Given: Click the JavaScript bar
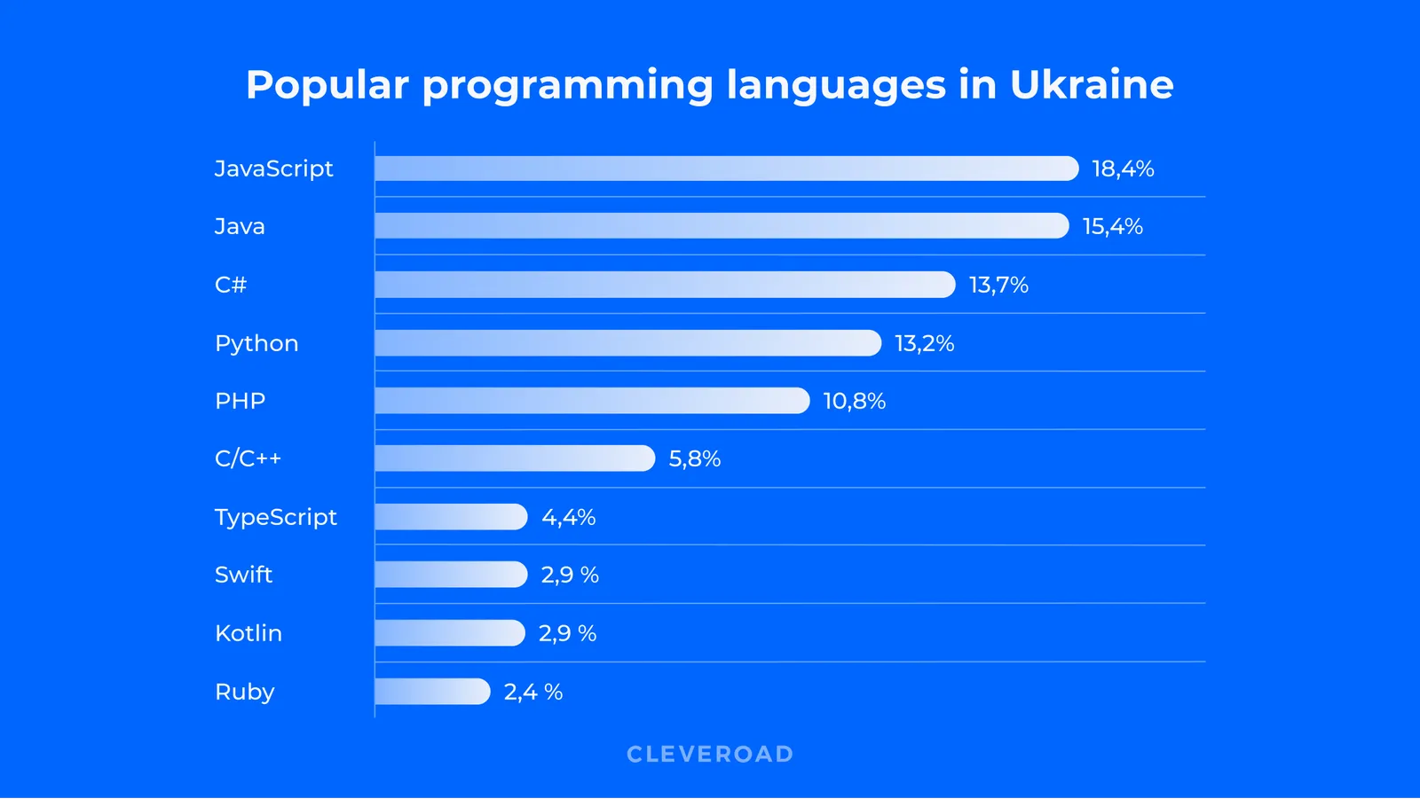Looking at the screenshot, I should click(726, 168).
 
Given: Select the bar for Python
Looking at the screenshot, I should click(627, 343).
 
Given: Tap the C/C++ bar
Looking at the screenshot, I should click(515, 458).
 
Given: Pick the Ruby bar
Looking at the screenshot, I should click(432, 692).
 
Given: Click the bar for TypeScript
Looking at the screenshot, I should click(451, 517).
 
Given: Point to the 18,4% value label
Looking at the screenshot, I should click(1123, 168).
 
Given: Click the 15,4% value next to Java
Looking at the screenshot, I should click(1112, 226).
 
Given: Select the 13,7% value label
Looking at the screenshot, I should click(998, 285).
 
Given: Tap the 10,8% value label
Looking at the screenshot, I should click(854, 401).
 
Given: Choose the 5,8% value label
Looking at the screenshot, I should click(694, 458).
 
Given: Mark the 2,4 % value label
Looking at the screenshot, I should click(532, 692).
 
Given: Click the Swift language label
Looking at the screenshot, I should click(243, 575).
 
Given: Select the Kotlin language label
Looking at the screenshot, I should click(248, 633).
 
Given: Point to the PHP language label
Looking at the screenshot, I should click(240, 401).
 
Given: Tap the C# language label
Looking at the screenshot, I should click(231, 285).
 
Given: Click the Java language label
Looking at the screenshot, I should click(240, 226).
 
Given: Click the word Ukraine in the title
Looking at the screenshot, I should click(1092, 85).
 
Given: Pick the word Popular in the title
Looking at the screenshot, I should click(327, 85).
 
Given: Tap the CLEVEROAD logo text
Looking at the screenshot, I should click(710, 754).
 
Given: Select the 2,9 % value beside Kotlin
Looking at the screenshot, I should click(567, 633).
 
